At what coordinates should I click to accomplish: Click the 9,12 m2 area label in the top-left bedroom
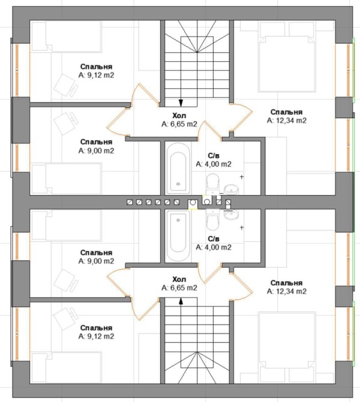pos(96,75)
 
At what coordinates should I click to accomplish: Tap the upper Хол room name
pos(179,115)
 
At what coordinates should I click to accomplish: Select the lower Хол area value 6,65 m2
pos(179,288)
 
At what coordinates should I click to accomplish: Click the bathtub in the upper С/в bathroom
pos(178,168)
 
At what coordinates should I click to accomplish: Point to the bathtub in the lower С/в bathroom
pos(178,236)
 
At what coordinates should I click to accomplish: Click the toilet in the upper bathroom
pos(212,183)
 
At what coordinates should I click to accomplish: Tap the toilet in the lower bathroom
pos(212,219)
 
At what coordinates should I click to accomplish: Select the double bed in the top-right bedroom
pos(287,57)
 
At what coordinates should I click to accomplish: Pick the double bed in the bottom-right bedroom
pos(287,347)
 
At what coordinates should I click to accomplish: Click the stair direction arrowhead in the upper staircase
pos(181,103)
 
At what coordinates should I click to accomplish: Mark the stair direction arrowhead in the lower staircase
pos(181,301)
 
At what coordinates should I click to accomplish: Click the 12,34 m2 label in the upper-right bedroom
pos(286,121)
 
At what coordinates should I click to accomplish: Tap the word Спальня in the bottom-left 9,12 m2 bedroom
pos(96,328)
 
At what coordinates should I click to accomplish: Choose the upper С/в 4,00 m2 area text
pos(214,164)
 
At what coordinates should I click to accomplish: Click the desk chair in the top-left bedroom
pos(66,85)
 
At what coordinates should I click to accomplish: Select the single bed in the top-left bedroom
pos(67,37)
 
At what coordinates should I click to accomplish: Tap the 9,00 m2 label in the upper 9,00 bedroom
pos(96,151)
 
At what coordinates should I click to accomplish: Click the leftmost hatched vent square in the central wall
pos(130,202)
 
